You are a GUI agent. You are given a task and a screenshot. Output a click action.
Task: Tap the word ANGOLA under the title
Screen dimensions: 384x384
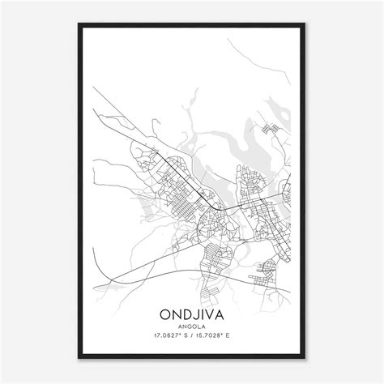[x=192, y=326]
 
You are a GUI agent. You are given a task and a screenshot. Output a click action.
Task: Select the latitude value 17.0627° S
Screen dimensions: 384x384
[x=168, y=337]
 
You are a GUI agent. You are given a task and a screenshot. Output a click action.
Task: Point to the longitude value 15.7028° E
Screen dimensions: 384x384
[x=219, y=337]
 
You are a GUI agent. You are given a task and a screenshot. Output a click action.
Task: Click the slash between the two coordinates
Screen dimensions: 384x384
[x=193, y=337]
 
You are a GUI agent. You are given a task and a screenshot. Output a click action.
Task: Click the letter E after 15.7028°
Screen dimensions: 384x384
[x=237, y=337]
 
